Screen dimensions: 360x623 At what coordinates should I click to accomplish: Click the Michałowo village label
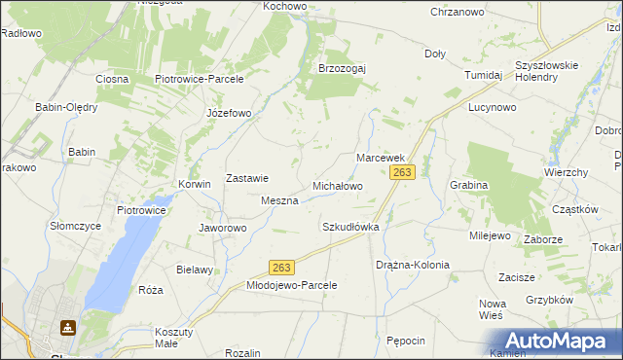337,186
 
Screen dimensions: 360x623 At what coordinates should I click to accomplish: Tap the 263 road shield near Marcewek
402,172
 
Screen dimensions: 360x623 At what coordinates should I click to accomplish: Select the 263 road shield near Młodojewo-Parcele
282,266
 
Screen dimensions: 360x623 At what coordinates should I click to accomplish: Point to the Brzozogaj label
342,69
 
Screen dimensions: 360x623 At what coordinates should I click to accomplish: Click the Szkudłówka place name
350,227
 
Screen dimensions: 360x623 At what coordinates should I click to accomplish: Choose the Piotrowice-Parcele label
199,79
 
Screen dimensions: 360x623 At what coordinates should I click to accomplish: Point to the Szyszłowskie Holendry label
547,71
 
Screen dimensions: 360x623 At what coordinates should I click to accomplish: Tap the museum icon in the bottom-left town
68,329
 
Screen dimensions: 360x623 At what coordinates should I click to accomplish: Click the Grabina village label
469,185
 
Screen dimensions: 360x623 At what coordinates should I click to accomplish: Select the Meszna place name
279,200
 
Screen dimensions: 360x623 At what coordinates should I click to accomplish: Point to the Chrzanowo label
458,12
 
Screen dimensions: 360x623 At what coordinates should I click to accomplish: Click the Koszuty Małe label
174,337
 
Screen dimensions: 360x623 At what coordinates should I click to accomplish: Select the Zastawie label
247,179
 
